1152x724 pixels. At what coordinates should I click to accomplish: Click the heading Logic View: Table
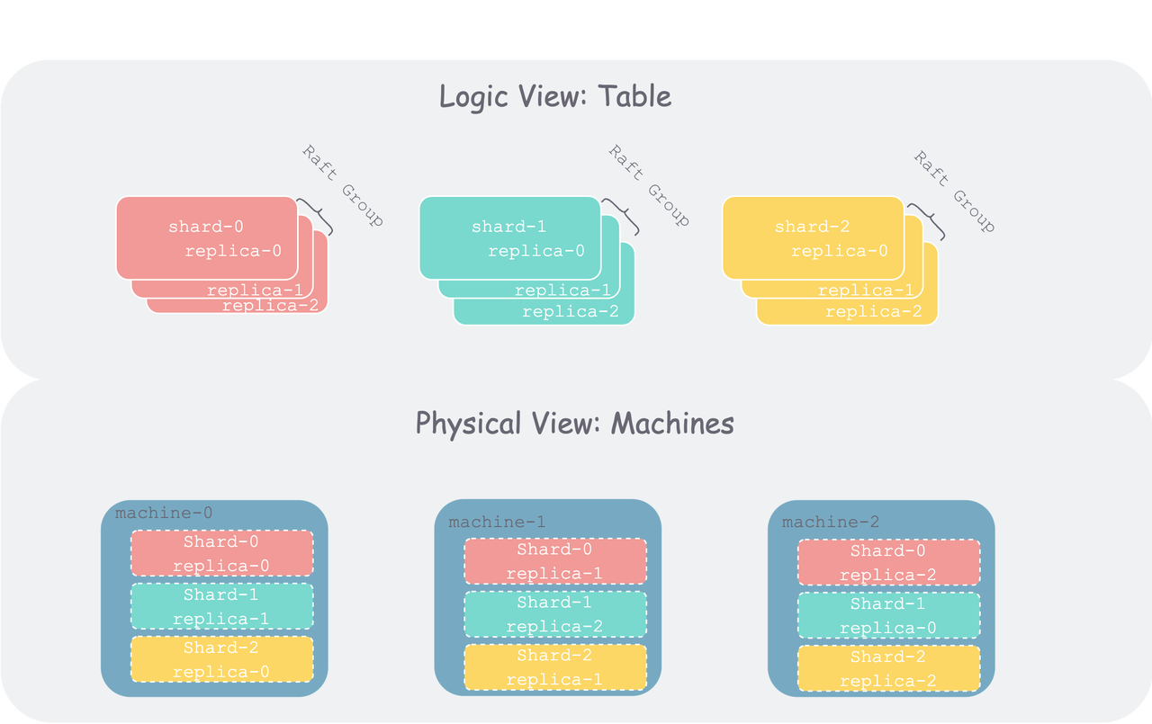click(554, 96)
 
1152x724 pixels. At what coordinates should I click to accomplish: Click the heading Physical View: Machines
click(574, 423)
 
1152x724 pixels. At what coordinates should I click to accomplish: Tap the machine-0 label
click(164, 514)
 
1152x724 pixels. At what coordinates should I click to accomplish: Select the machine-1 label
click(497, 523)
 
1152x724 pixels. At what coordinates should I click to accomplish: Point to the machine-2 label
click(831, 523)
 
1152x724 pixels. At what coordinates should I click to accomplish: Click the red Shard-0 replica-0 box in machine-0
click(221, 553)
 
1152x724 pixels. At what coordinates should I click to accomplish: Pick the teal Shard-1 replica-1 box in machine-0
click(221, 606)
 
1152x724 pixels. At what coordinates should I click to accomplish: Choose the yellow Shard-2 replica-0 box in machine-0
click(221, 659)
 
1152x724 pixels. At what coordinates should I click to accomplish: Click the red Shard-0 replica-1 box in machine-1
click(555, 561)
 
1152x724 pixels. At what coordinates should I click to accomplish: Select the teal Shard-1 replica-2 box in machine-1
click(555, 614)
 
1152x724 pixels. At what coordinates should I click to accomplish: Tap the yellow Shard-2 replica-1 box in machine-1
click(555, 667)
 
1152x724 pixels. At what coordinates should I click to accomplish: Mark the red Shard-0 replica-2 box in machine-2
click(888, 563)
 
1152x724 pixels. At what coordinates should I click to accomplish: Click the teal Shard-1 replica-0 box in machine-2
click(888, 615)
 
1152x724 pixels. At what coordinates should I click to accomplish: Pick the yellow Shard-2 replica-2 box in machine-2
click(888, 668)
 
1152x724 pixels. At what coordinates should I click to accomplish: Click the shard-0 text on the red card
click(206, 227)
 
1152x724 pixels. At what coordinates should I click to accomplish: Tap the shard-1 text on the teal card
click(508, 227)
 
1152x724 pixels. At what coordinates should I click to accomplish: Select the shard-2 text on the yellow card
click(812, 227)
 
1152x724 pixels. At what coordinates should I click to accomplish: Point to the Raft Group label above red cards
click(342, 185)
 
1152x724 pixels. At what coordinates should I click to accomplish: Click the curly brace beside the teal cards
click(622, 217)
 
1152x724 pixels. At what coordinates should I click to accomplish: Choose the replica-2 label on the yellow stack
click(873, 312)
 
